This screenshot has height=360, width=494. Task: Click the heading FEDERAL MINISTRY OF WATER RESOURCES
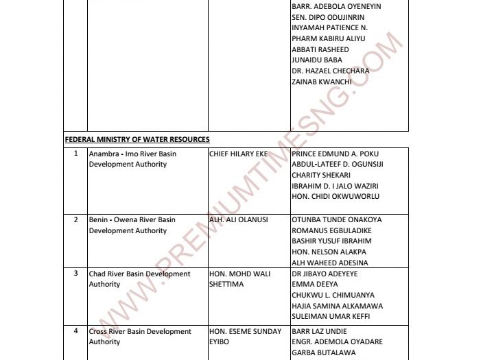coord(137,139)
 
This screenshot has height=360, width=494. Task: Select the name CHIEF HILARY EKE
coord(238,154)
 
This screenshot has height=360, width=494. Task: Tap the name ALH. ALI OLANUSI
coord(238,219)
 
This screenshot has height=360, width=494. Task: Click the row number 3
coord(76,274)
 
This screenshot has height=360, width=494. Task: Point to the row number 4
coord(76,331)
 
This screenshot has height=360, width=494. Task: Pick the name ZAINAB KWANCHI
coord(322,82)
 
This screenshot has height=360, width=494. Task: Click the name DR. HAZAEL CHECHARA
coord(330,71)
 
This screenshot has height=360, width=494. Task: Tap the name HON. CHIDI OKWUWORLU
coord(336,196)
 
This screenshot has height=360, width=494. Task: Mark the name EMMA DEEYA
coord(312,284)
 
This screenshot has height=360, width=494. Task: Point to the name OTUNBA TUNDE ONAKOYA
coord(337,219)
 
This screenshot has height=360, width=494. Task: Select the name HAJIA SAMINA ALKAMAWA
coord(337,306)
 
